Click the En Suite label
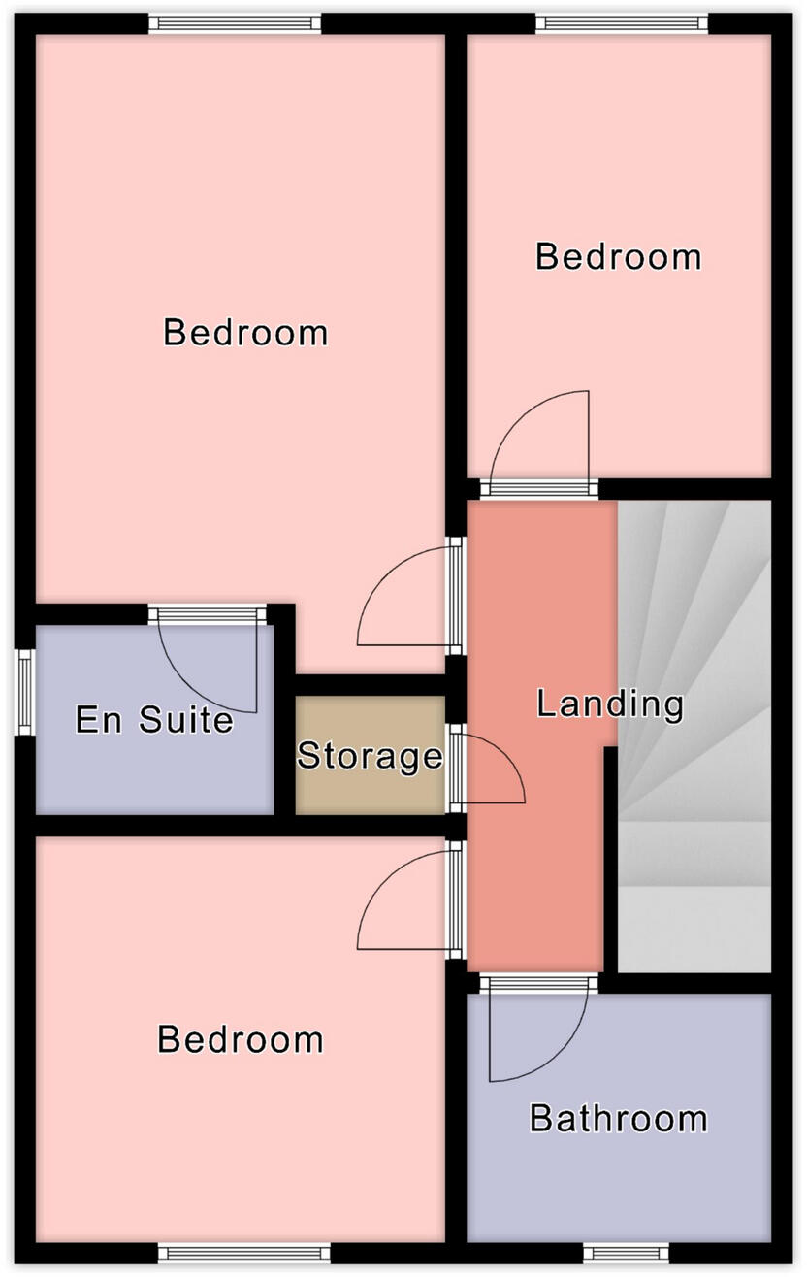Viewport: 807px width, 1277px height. (154, 720)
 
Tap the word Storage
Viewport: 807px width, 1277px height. (370, 755)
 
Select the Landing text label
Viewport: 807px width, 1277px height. (610, 704)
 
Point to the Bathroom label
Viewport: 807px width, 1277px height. (618, 1119)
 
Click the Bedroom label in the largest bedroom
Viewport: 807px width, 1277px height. (245, 332)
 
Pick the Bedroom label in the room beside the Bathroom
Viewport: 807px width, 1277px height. (240, 1039)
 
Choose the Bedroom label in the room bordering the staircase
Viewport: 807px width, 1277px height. (618, 257)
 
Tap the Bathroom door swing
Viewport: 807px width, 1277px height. (538, 1033)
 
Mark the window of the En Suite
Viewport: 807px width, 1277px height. (24, 691)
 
